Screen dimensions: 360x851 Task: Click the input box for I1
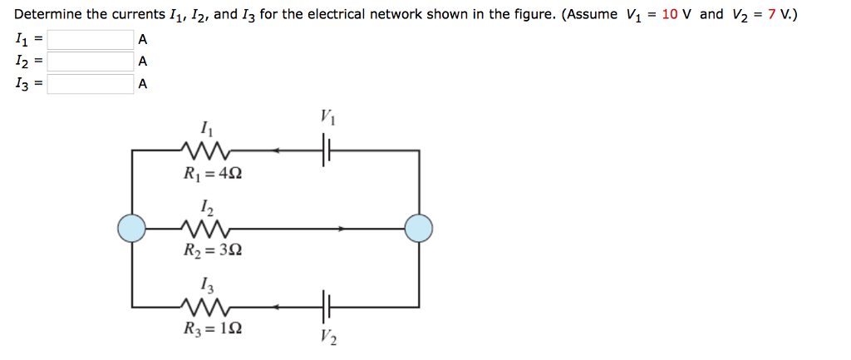[90, 39]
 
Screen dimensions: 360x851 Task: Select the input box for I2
[90, 61]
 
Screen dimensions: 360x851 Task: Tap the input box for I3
[90, 83]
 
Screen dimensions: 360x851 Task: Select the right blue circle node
[418, 226]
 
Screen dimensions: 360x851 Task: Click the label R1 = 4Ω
[214, 175]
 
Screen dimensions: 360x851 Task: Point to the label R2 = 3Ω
[214, 249]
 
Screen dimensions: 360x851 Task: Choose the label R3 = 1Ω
[214, 328]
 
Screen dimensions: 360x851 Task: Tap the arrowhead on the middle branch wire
[339, 226]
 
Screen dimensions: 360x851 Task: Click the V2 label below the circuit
[328, 337]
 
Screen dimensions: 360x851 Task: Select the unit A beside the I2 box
[143, 61]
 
